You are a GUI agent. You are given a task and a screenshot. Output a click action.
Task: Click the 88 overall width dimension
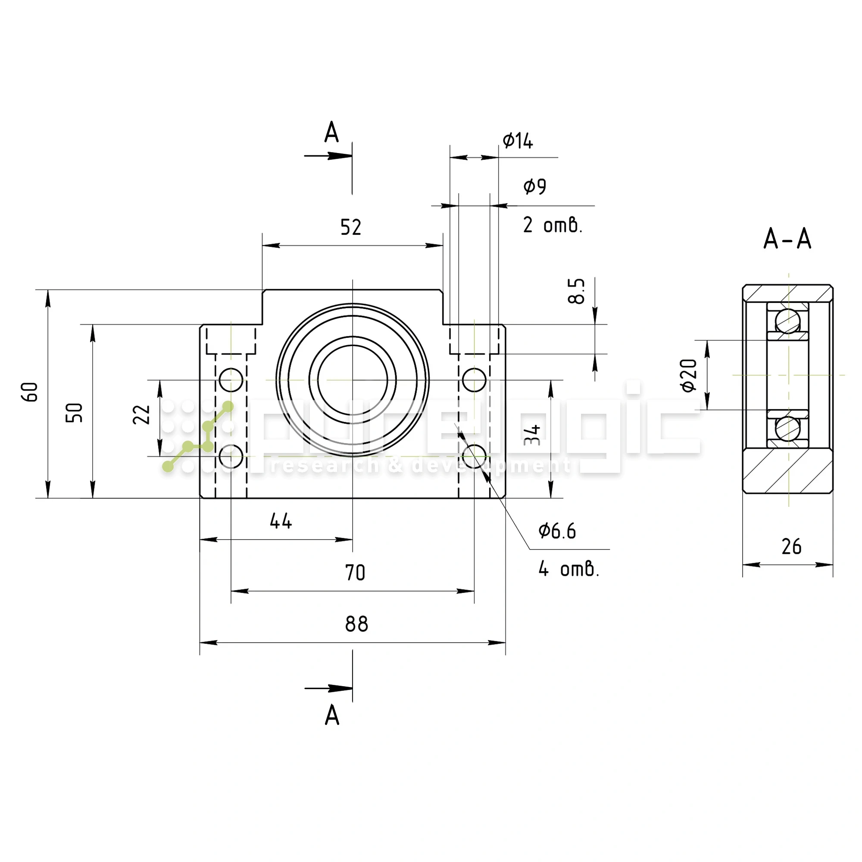(x=356, y=624)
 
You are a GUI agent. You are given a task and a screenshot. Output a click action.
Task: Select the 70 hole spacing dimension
(x=355, y=572)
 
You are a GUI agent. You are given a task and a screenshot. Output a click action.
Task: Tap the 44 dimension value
(x=281, y=521)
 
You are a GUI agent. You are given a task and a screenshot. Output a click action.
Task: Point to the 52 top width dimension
(x=350, y=228)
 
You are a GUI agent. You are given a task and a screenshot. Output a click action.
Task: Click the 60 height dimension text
(x=30, y=392)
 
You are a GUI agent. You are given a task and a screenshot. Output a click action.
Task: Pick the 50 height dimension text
(x=75, y=412)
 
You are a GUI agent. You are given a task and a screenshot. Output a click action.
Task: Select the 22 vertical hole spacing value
(x=142, y=415)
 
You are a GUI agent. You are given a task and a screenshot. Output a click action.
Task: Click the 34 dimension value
(x=532, y=435)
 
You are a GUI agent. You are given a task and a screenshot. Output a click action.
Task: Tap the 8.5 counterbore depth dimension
(x=576, y=291)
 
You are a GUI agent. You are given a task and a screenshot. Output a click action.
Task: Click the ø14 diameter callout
(x=518, y=141)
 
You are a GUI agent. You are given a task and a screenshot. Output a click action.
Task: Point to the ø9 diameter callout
(x=534, y=186)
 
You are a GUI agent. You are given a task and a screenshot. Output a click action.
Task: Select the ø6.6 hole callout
(x=557, y=531)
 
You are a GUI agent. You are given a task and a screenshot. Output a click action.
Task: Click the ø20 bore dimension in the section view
(x=689, y=375)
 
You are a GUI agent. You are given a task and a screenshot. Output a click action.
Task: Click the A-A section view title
(x=787, y=239)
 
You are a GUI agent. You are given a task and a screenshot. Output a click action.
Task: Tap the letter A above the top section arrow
(x=331, y=133)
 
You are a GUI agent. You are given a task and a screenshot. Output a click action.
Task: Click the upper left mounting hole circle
(x=231, y=380)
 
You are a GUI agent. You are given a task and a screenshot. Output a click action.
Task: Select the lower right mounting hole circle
(x=474, y=456)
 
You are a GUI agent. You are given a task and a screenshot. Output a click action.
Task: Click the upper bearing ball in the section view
(x=787, y=321)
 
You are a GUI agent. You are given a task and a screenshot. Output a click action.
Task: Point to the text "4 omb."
(x=568, y=569)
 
